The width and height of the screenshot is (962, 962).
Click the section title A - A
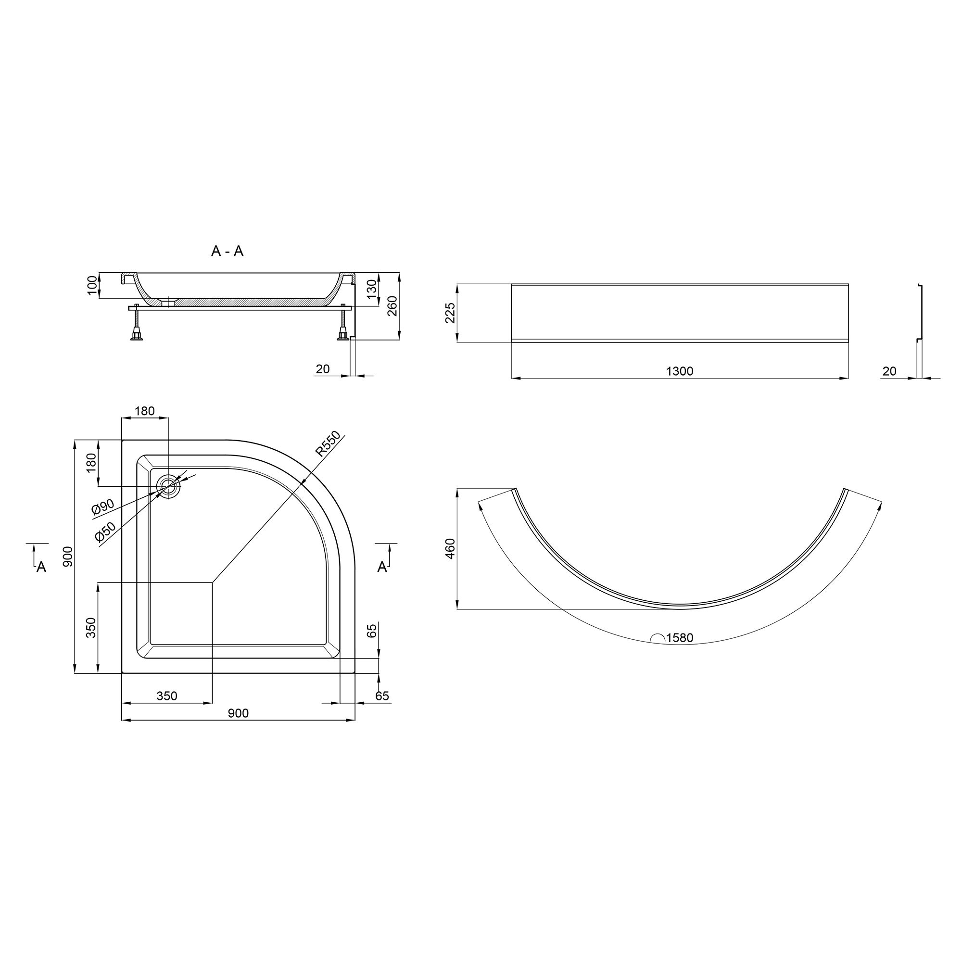(x=227, y=251)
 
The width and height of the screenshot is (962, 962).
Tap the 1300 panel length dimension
(x=680, y=371)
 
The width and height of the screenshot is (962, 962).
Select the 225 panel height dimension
(x=450, y=313)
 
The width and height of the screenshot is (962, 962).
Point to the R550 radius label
(x=328, y=443)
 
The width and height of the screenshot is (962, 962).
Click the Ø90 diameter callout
(x=103, y=507)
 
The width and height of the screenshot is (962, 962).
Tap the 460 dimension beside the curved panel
(x=450, y=548)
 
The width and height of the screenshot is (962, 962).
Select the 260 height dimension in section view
(x=392, y=306)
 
